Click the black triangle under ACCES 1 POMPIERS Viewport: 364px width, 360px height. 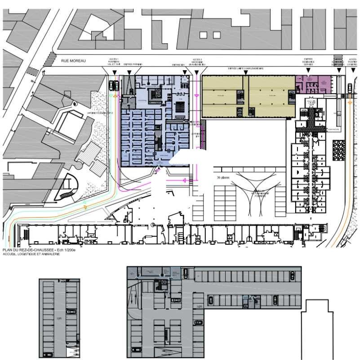click(115, 72)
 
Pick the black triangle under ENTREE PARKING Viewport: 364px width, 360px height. click(129, 72)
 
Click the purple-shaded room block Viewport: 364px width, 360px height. click(313, 83)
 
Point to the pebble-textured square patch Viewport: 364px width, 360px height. click(337, 149)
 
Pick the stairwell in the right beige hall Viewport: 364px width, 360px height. click(291, 95)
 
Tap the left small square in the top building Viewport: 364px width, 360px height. click(203, 35)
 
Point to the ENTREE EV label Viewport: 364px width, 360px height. click(178, 65)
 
